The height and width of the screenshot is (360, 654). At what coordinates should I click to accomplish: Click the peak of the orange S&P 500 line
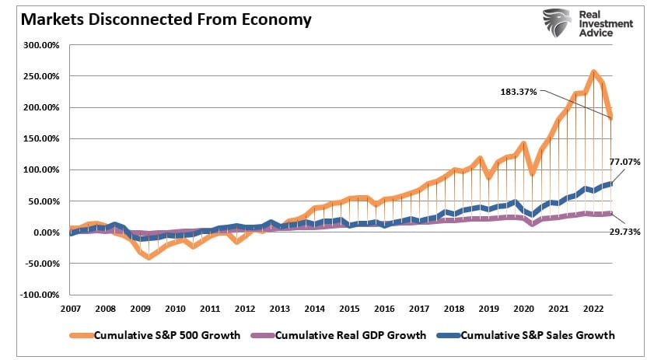[x=593, y=73]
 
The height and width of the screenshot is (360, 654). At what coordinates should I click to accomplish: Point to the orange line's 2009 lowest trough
[x=148, y=257]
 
